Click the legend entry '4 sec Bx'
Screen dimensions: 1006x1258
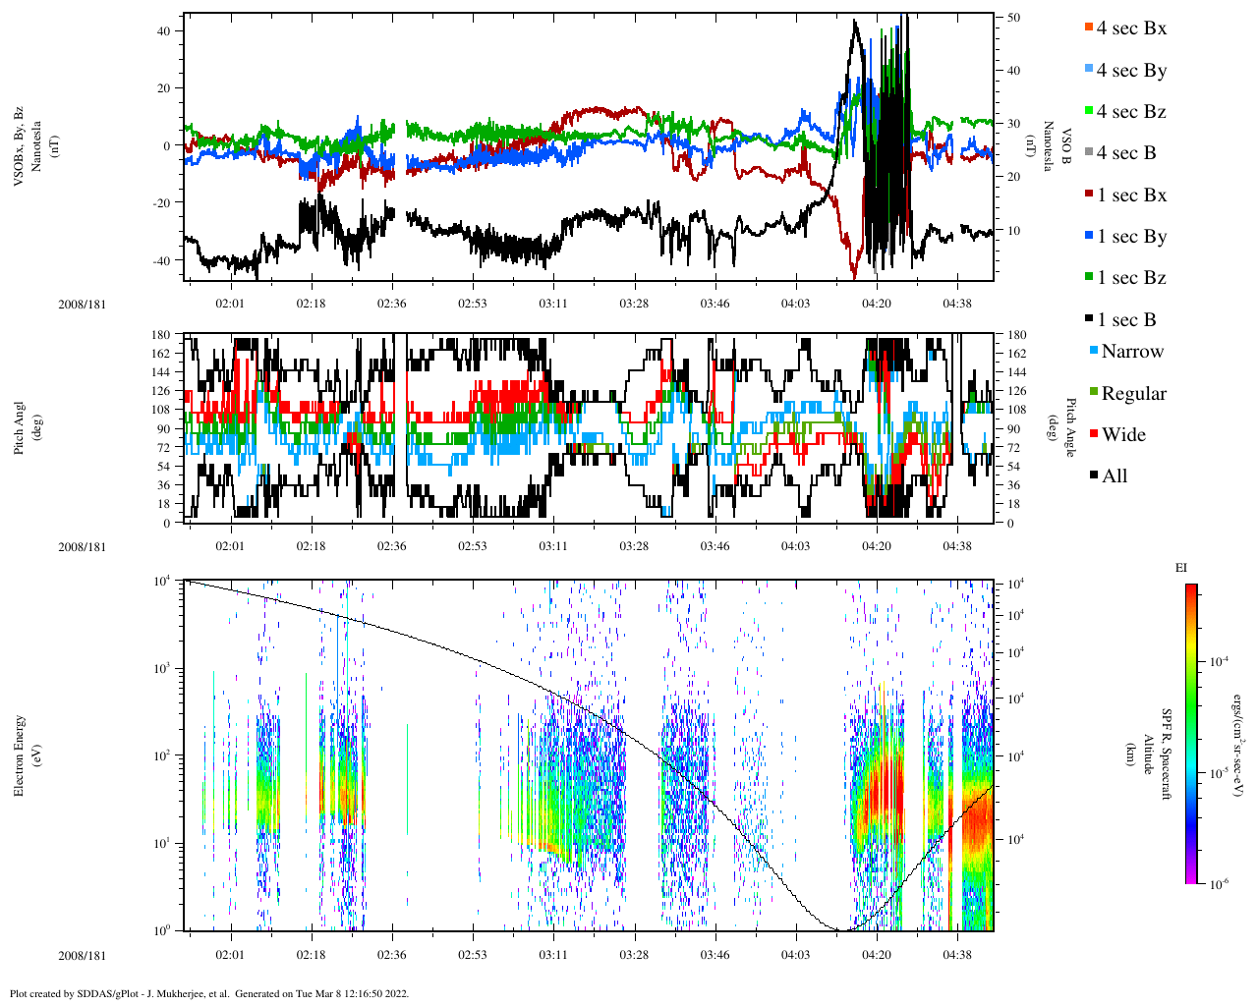pyautogui.click(x=1131, y=28)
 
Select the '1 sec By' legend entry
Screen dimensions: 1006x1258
pyautogui.click(x=1131, y=237)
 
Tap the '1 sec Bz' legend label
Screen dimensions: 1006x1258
pyautogui.click(x=1131, y=278)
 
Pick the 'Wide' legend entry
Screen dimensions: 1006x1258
pyautogui.click(x=1123, y=435)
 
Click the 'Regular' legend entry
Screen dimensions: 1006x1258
pyautogui.click(x=1133, y=394)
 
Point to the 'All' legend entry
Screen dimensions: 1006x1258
pyautogui.click(x=1115, y=476)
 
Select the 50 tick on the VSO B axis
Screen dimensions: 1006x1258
pyautogui.click(x=1013, y=18)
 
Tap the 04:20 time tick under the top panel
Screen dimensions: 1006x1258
pyautogui.click(x=877, y=304)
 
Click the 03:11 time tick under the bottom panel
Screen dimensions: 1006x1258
pyautogui.click(x=553, y=955)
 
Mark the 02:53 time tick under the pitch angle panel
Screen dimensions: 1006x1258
pyautogui.click(x=473, y=547)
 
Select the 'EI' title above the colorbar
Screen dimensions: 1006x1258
pyautogui.click(x=1181, y=568)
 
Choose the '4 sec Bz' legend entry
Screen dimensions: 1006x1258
pyautogui.click(x=1131, y=112)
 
